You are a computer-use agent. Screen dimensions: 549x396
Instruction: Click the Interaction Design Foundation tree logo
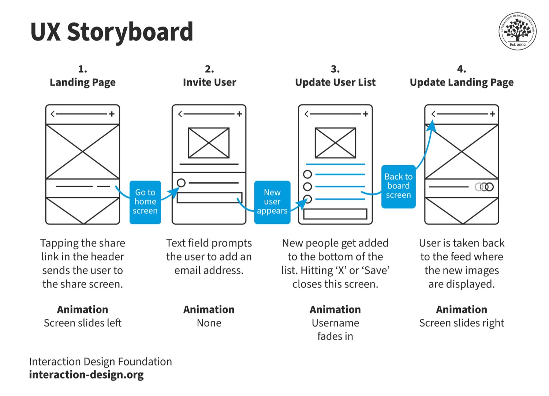click(518, 31)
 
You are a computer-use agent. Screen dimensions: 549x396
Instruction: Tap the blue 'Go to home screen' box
click(145, 202)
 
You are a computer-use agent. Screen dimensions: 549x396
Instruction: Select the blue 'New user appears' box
click(272, 202)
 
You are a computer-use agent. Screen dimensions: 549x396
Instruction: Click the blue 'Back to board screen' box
click(398, 186)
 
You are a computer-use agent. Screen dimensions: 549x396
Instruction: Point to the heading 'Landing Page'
click(83, 83)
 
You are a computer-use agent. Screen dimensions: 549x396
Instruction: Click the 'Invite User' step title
click(210, 82)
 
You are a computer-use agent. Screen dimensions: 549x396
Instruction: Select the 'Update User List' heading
click(335, 83)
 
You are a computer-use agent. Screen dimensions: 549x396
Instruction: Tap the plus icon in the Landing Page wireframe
click(112, 114)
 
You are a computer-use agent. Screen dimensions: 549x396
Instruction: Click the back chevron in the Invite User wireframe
click(180, 114)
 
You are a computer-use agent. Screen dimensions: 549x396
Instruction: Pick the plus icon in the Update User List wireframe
click(366, 114)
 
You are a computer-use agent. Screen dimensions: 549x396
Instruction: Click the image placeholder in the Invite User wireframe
click(209, 143)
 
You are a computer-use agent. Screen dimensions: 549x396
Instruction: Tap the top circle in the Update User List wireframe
click(307, 174)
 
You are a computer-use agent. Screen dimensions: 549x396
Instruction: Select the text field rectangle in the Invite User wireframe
click(210, 197)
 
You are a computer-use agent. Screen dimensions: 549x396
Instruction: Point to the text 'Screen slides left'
click(83, 323)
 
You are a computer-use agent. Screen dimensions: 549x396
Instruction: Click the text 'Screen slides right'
click(462, 323)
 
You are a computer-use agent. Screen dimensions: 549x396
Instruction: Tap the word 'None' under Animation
click(209, 323)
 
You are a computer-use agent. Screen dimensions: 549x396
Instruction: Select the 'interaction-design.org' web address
click(86, 375)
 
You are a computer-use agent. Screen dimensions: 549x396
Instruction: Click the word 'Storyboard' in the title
click(130, 32)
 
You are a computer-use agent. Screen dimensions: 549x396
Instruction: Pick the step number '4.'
click(462, 69)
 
